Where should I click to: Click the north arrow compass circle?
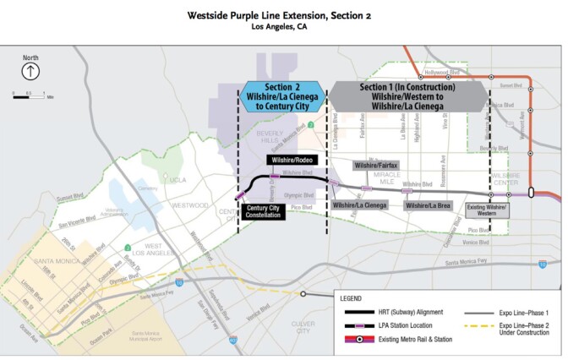(30, 72)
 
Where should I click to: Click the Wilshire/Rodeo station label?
(292, 160)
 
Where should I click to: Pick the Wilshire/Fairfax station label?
(375, 165)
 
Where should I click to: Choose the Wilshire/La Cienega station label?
(360, 205)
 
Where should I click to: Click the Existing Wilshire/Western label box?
(486, 210)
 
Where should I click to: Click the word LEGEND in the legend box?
(352, 299)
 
